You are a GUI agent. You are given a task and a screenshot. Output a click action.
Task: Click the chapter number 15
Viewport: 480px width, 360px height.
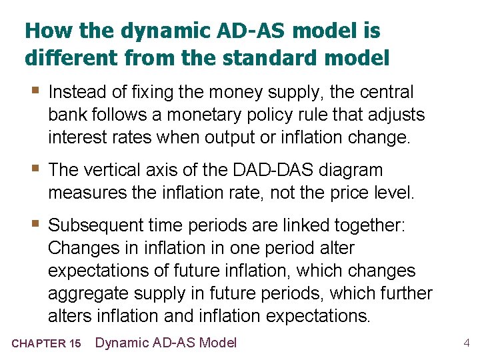pyautogui.click(x=75, y=344)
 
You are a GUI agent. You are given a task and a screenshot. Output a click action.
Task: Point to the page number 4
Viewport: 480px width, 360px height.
pyautogui.click(x=467, y=343)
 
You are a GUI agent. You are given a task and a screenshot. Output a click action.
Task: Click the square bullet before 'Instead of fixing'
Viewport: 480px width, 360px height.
pyautogui.click(x=33, y=91)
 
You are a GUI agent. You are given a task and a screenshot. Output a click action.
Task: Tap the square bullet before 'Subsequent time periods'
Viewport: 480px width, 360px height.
pyautogui.click(x=33, y=224)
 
